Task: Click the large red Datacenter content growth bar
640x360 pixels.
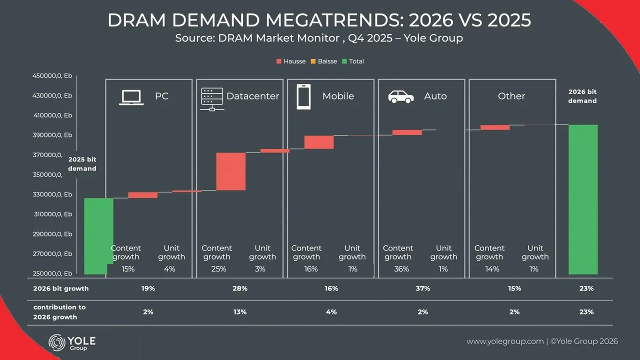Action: (231, 171)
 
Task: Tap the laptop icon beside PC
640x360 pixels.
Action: (131, 97)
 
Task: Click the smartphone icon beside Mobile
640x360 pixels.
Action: (303, 96)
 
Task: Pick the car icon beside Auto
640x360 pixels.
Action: (401, 96)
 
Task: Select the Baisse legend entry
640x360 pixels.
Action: (324, 61)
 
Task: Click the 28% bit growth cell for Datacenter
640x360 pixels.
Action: (240, 288)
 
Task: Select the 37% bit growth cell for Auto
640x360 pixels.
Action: (422, 288)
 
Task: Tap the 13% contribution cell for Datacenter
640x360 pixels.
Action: (240, 312)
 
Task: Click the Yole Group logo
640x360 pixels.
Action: (71, 342)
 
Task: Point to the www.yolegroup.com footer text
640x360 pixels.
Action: (505, 341)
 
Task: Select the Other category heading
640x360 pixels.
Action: (511, 96)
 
